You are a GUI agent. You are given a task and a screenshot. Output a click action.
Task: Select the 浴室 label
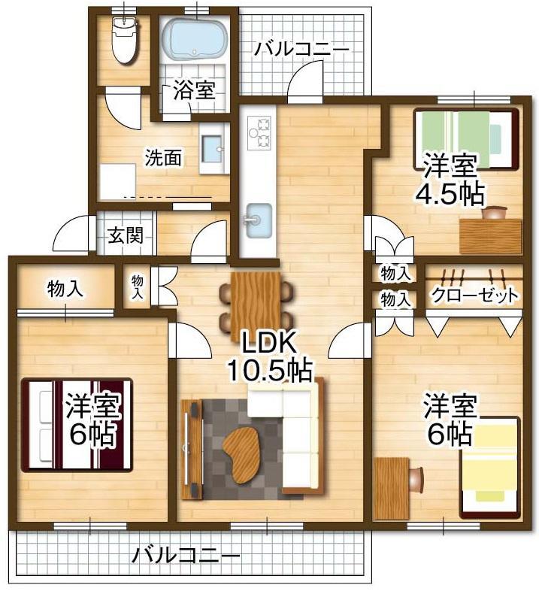point(195,90)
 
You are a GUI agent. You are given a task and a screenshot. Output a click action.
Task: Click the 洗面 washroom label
point(163,158)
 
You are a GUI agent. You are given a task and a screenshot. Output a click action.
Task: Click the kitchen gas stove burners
point(259,132)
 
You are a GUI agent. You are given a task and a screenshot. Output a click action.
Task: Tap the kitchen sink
point(259,221)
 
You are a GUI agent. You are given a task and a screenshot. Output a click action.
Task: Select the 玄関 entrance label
point(126,235)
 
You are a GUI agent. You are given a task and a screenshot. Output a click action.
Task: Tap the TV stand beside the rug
point(192,450)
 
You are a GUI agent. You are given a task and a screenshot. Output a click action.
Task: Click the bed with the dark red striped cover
point(77,425)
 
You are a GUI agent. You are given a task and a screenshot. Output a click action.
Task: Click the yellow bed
point(489,467)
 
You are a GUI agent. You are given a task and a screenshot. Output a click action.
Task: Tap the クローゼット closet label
point(474,295)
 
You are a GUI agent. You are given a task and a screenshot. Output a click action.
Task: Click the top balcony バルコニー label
point(301,50)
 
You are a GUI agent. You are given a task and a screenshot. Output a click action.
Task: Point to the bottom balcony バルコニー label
point(186,555)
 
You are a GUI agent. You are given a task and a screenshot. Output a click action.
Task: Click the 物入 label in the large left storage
point(65,289)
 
